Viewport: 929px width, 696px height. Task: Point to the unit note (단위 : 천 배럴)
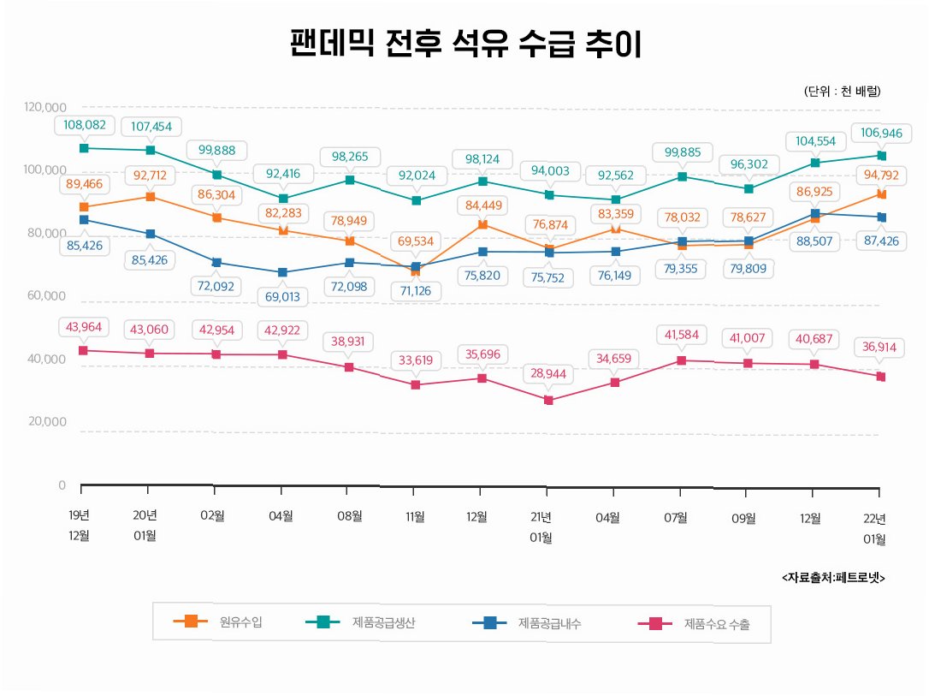(x=842, y=91)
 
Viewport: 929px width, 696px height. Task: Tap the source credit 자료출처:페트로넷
(x=832, y=578)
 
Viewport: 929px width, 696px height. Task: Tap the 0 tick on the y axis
(x=62, y=485)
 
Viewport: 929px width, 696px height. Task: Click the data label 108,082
(x=85, y=125)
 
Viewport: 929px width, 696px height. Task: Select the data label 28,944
(x=548, y=375)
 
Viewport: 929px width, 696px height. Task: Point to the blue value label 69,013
(x=281, y=296)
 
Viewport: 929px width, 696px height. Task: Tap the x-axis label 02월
(x=213, y=516)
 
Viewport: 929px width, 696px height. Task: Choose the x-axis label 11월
(x=415, y=516)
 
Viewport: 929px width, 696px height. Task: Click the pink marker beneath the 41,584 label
(x=682, y=360)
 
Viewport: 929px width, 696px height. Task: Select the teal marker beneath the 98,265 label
(x=350, y=180)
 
